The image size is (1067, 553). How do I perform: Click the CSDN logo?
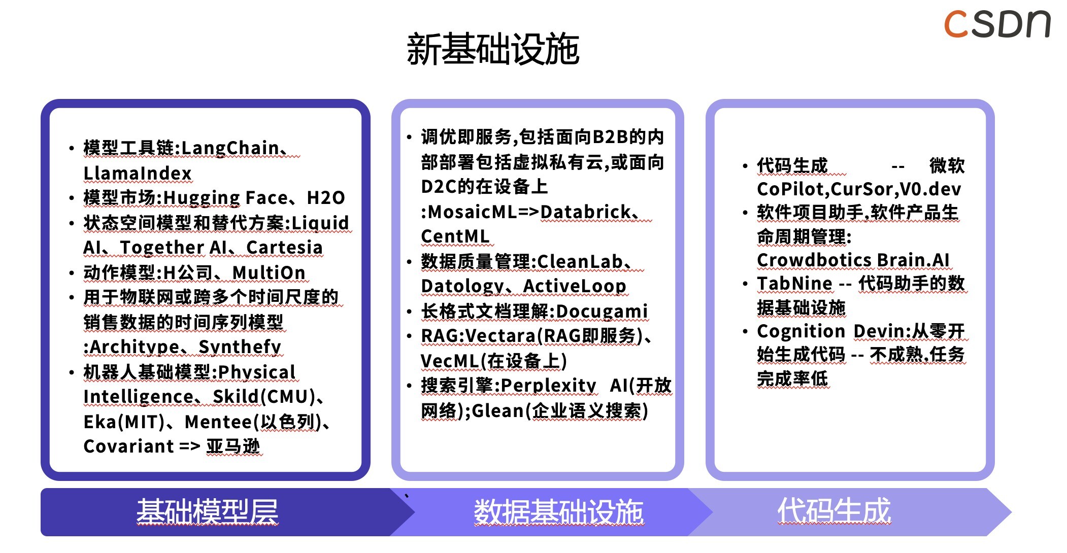click(x=997, y=24)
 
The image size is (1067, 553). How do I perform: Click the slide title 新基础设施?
click(x=493, y=49)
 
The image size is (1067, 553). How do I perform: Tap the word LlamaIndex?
click(x=138, y=173)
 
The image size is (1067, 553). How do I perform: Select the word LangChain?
click(x=230, y=148)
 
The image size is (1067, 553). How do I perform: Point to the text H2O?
click(x=326, y=197)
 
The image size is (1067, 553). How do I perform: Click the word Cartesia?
click(x=284, y=247)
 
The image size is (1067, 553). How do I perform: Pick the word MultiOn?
click(x=269, y=272)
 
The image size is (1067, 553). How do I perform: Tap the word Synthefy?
click(x=240, y=347)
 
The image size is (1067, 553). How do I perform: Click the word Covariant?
click(x=129, y=446)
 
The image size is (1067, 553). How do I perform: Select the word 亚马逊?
click(x=233, y=446)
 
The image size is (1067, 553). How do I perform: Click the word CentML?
click(x=455, y=236)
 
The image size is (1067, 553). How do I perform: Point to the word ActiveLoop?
click(x=575, y=286)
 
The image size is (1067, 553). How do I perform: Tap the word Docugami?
click(x=602, y=311)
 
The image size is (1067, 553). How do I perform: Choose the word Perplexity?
click(x=548, y=386)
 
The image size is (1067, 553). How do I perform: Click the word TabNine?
click(x=794, y=284)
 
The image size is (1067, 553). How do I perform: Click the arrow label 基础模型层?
click(x=207, y=511)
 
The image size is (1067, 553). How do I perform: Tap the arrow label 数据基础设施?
click(x=558, y=511)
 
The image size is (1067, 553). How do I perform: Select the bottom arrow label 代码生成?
click(x=834, y=510)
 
